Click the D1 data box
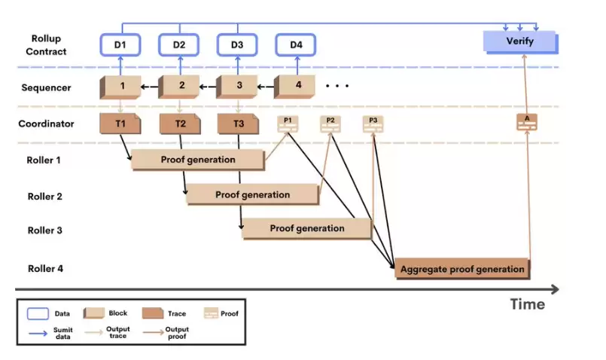click(x=121, y=45)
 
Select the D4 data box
click(x=297, y=45)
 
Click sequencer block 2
click(x=181, y=86)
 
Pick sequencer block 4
click(x=297, y=86)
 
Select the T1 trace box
click(x=120, y=124)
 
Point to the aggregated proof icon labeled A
click(x=527, y=122)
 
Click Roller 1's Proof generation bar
click(x=198, y=160)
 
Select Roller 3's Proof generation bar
click(x=307, y=228)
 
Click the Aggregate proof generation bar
click(x=462, y=269)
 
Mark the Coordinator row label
click(x=47, y=124)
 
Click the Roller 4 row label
click(x=44, y=268)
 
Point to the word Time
click(x=527, y=304)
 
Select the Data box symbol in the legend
click(x=38, y=313)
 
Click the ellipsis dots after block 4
click(x=336, y=86)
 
